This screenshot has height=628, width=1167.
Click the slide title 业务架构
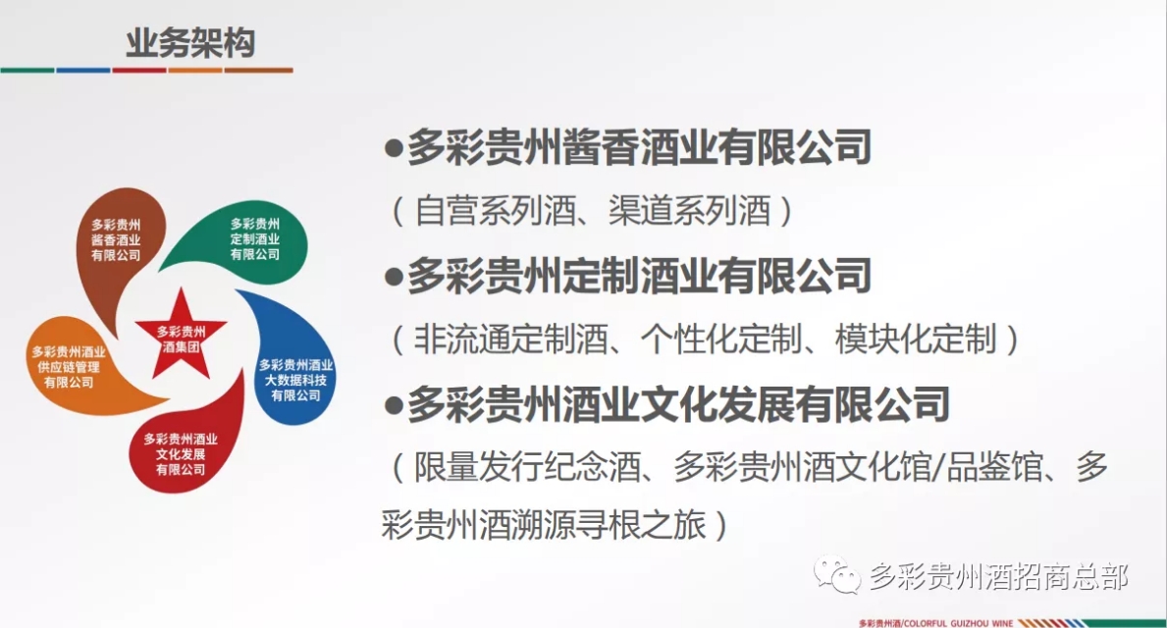(190, 44)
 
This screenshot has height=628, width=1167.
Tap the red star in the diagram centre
(182, 334)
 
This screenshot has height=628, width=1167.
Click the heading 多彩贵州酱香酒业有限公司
(639, 148)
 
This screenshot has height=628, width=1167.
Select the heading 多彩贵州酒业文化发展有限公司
(678, 403)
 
